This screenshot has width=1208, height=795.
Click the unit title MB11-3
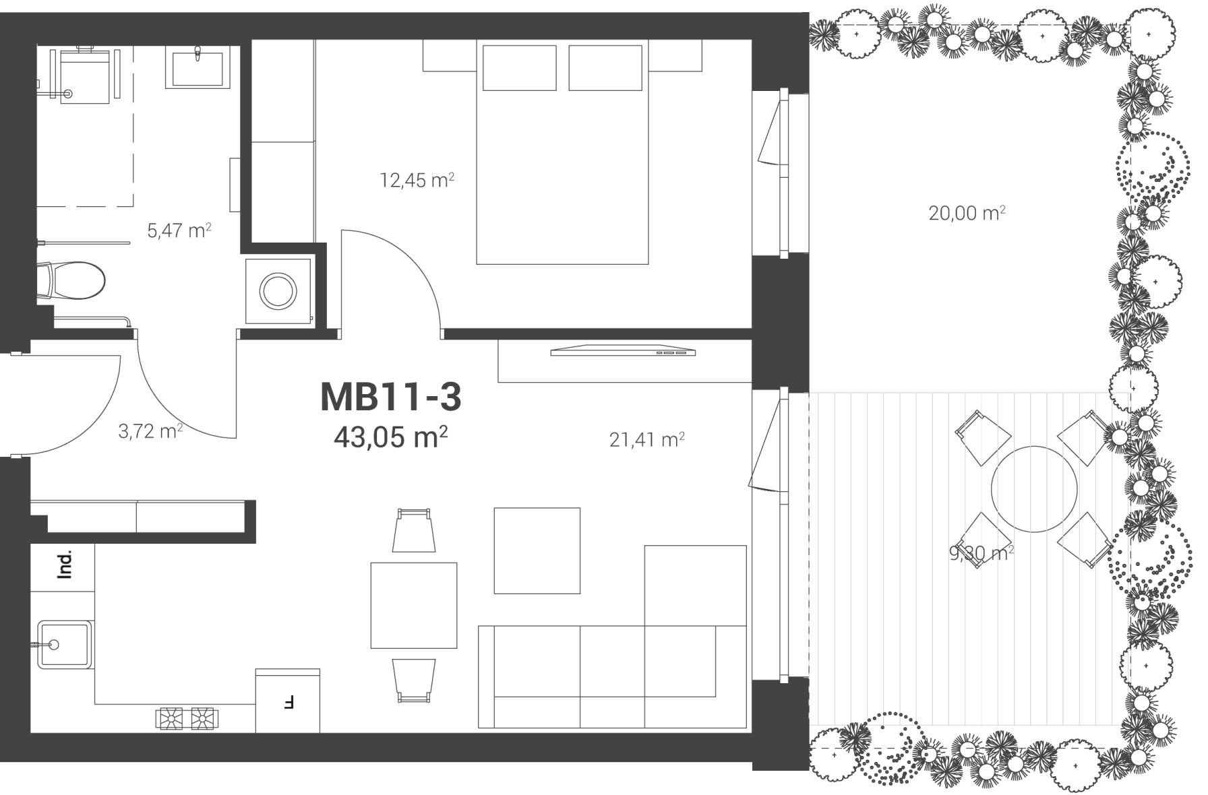(x=390, y=397)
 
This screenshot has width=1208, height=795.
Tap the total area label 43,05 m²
(x=391, y=437)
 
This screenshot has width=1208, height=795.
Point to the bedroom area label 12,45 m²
(x=417, y=180)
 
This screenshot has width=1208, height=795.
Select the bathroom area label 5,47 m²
(x=179, y=230)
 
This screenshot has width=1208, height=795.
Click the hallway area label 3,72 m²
(x=150, y=431)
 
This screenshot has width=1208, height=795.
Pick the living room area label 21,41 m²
(x=647, y=440)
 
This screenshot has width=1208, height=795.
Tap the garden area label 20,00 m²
(x=967, y=213)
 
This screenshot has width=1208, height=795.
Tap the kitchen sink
(x=64, y=645)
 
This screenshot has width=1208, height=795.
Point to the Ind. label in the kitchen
(x=65, y=565)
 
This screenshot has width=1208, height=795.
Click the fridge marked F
(x=288, y=701)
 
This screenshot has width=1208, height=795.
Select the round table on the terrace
(x=1034, y=488)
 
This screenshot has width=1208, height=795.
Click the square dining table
(x=414, y=606)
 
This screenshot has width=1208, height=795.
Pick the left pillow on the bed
(x=519, y=67)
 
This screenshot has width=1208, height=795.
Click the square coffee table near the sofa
(x=537, y=551)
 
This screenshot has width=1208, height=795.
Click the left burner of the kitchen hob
(x=170, y=718)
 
